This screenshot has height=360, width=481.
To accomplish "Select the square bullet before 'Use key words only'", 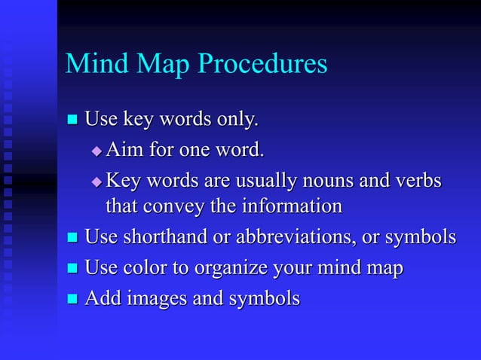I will (x=73, y=119).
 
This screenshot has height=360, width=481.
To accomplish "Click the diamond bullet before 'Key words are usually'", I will (x=96, y=183).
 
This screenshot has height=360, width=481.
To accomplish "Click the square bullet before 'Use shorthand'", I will (x=73, y=238).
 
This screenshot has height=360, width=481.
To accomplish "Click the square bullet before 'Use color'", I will (x=73, y=269).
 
